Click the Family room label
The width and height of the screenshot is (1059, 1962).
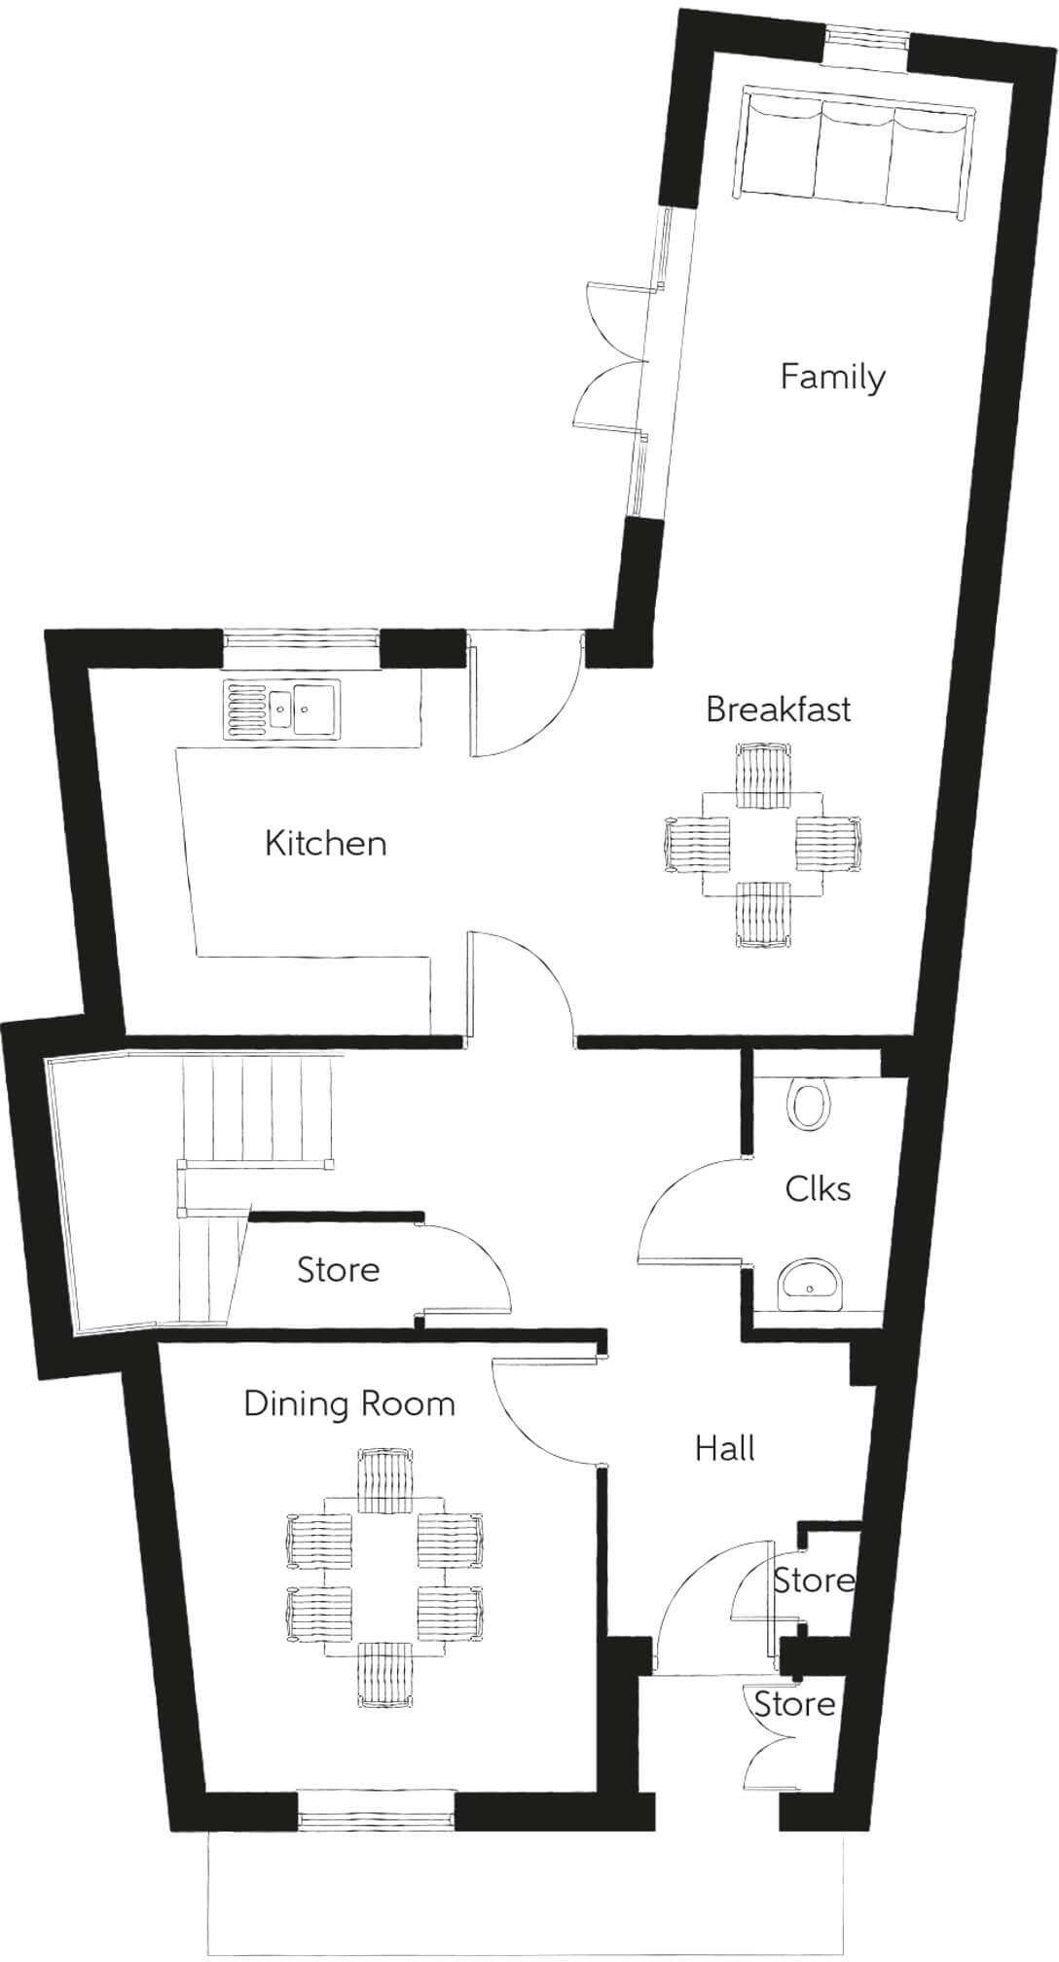coord(832,377)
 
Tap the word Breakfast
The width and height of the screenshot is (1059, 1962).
coord(778,709)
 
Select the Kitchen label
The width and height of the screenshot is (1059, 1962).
coord(326,843)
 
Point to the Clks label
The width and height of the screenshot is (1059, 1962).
coord(818,1188)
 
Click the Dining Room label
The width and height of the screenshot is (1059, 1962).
coord(349,1404)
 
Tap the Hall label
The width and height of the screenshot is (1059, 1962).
coord(725,1448)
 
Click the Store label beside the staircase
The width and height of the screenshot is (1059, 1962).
coord(338,1270)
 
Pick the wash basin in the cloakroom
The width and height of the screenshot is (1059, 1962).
coord(810,1284)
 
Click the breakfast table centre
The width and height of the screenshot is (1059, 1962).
coord(762,843)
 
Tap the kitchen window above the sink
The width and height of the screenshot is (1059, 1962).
coord(300,642)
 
